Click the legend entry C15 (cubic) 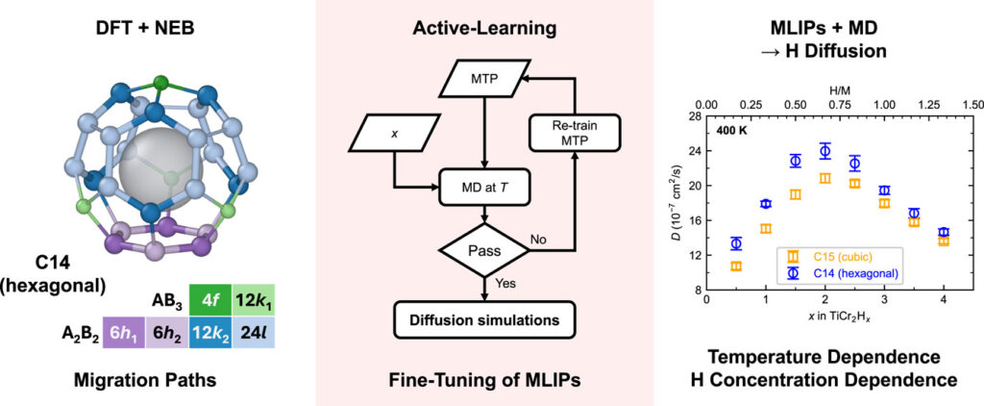(x=836, y=256)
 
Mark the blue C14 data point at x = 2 (x=824, y=150)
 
